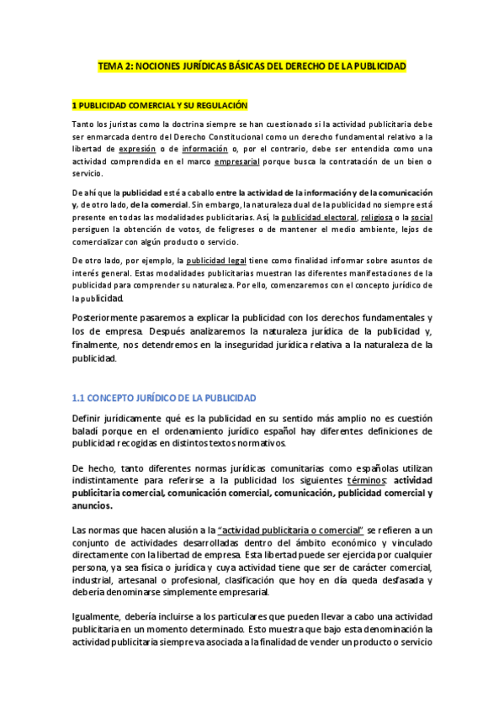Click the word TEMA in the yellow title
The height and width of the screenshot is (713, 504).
(110, 66)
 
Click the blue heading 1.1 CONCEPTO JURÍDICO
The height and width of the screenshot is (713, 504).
(164, 398)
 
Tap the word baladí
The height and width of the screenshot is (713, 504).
(88, 430)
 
